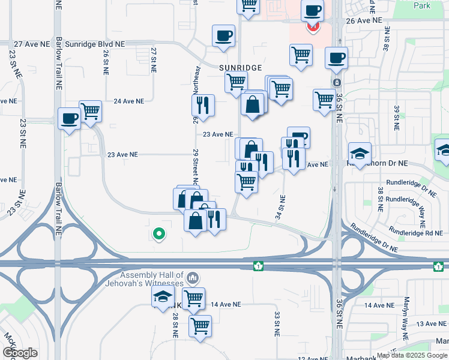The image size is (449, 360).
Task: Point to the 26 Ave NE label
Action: coord(364,20)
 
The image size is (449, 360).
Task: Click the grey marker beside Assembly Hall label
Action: coord(193,278)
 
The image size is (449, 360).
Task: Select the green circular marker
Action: coord(159,233)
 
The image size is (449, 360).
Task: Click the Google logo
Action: coord(20,353)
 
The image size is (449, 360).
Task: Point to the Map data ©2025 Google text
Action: coord(412,355)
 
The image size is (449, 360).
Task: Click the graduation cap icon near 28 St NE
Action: coord(162,297)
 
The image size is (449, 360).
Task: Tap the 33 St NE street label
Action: coord(277,323)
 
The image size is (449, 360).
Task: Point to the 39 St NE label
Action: coord(396,117)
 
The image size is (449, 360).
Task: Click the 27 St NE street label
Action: coord(154,60)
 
